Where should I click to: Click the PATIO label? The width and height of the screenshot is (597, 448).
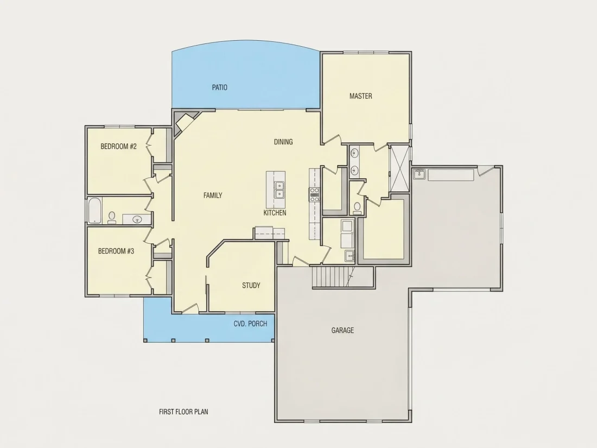[x=219, y=87]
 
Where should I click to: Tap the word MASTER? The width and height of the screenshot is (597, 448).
[x=360, y=96]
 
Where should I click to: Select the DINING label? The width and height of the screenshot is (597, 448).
[x=283, y=142]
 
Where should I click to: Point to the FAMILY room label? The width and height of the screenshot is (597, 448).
[x=212, y=195]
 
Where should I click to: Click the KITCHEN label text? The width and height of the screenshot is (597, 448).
[x=275, y=212]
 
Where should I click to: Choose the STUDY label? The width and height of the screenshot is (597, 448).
[x=251, y=285]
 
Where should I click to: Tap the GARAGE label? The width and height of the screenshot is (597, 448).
[x=342, y=330]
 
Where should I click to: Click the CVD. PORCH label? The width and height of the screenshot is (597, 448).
[x=250, y=324]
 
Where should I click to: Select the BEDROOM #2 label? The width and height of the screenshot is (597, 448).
[x=118, y=146]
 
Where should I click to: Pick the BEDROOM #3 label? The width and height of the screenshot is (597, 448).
[x=116, y=251]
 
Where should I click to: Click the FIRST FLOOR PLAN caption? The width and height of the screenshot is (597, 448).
[x=183, y=412]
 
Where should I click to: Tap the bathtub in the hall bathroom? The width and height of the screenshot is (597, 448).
[x=94, y=210]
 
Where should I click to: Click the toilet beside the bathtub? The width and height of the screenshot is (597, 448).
[x=112, y=218]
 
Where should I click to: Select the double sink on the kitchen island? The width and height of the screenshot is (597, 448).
[x=280, y=190]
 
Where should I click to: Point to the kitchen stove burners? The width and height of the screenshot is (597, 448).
[x=314, y=194]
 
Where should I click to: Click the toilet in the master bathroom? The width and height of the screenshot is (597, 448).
[x=357, y=207]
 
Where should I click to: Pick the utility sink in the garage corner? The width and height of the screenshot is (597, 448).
[x=420, y=174]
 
